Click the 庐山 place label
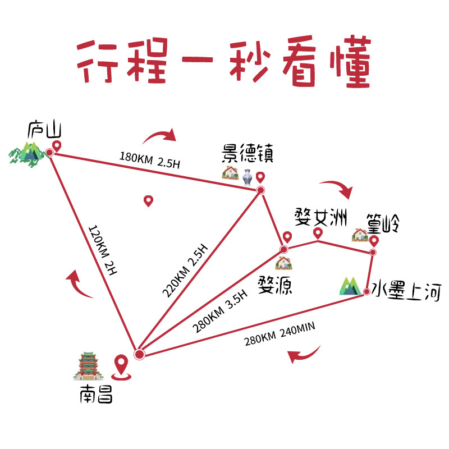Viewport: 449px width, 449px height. click(45, 130)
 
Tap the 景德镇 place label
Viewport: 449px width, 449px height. click(248, 153)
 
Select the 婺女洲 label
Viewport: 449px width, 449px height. click(321, 218)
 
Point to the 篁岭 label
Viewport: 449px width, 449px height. click(383, 223)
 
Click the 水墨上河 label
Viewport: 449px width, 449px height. click(406, 291)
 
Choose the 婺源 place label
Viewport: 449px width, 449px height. click(275, 285)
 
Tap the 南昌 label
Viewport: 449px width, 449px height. click(96, 395)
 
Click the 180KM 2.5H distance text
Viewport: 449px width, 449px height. click(150, 160)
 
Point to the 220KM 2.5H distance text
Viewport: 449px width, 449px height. click(185, 271)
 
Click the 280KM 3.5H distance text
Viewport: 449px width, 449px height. click(220, 311)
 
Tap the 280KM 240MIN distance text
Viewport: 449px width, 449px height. click(280, 334)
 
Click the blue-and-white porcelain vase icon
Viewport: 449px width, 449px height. click(247, 177)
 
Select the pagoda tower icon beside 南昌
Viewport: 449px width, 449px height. click(89, 366)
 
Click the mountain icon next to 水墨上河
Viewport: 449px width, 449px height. click(350, 286)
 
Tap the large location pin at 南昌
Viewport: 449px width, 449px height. click(121, 368)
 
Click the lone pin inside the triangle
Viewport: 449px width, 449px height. click(148, 201)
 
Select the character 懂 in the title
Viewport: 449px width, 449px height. click(350, 62)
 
